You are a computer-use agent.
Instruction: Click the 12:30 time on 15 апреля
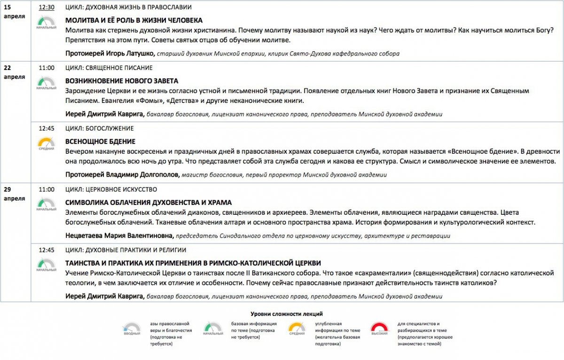[x=47, y=8]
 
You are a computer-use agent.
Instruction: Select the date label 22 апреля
[x=14, y=72]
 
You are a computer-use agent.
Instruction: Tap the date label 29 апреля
[x=14, y=194]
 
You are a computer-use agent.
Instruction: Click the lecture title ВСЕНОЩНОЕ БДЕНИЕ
[x=101, y=141]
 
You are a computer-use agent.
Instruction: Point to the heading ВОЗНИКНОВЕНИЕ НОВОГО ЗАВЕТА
[x=122, y=81]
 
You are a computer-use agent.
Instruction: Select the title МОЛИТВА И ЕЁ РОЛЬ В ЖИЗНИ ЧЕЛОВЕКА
[x=134, y=20]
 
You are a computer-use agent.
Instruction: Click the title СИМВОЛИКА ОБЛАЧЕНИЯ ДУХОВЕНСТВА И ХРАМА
[x=149, y=203]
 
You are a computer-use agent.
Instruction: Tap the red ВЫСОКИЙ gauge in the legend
[x=379, y=328]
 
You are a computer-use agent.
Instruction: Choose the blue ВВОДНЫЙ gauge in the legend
[x=132, y=328]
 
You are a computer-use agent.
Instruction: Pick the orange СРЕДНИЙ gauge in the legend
[x=297, y=328]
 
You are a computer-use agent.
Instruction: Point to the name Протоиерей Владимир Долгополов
[x=122, y=175]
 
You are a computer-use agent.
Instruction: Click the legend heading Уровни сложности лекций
[x=287, y=314]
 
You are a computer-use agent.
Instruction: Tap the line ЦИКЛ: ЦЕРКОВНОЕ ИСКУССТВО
[x=111, y=189]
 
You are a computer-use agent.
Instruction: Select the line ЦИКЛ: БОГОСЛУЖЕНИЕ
[x=100, y=128]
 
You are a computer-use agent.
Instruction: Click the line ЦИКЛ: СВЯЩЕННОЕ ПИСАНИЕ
[x=109, y=68]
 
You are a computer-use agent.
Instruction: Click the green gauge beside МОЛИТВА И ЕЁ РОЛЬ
[x=46, y=22]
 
